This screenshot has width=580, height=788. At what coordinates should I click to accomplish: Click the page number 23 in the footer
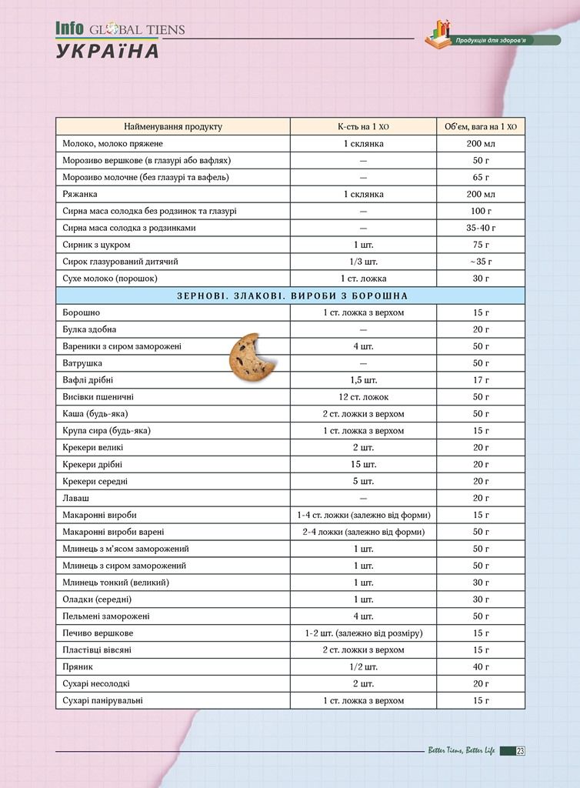521,752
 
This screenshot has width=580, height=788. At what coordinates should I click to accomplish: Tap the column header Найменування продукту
172,126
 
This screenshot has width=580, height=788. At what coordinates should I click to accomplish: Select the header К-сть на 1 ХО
363,126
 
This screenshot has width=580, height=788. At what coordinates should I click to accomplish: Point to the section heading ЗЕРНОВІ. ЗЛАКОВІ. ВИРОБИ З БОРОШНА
290,295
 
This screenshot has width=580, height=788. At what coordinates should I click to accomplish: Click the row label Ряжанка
80,194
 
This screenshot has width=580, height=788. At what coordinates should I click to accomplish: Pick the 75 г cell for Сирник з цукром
481,245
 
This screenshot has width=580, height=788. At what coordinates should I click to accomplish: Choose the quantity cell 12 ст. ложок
363,397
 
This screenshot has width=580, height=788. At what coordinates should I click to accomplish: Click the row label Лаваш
75,498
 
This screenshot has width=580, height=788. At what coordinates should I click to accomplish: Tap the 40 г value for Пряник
481,667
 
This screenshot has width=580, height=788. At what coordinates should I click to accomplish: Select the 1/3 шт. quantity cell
363,262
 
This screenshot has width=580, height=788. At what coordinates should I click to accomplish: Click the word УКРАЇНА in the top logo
108,52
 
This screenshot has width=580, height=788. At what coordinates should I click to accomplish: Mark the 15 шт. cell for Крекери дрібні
363,464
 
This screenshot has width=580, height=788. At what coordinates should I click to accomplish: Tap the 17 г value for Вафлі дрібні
481,380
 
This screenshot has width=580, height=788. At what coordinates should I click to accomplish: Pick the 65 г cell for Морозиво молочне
481,177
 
